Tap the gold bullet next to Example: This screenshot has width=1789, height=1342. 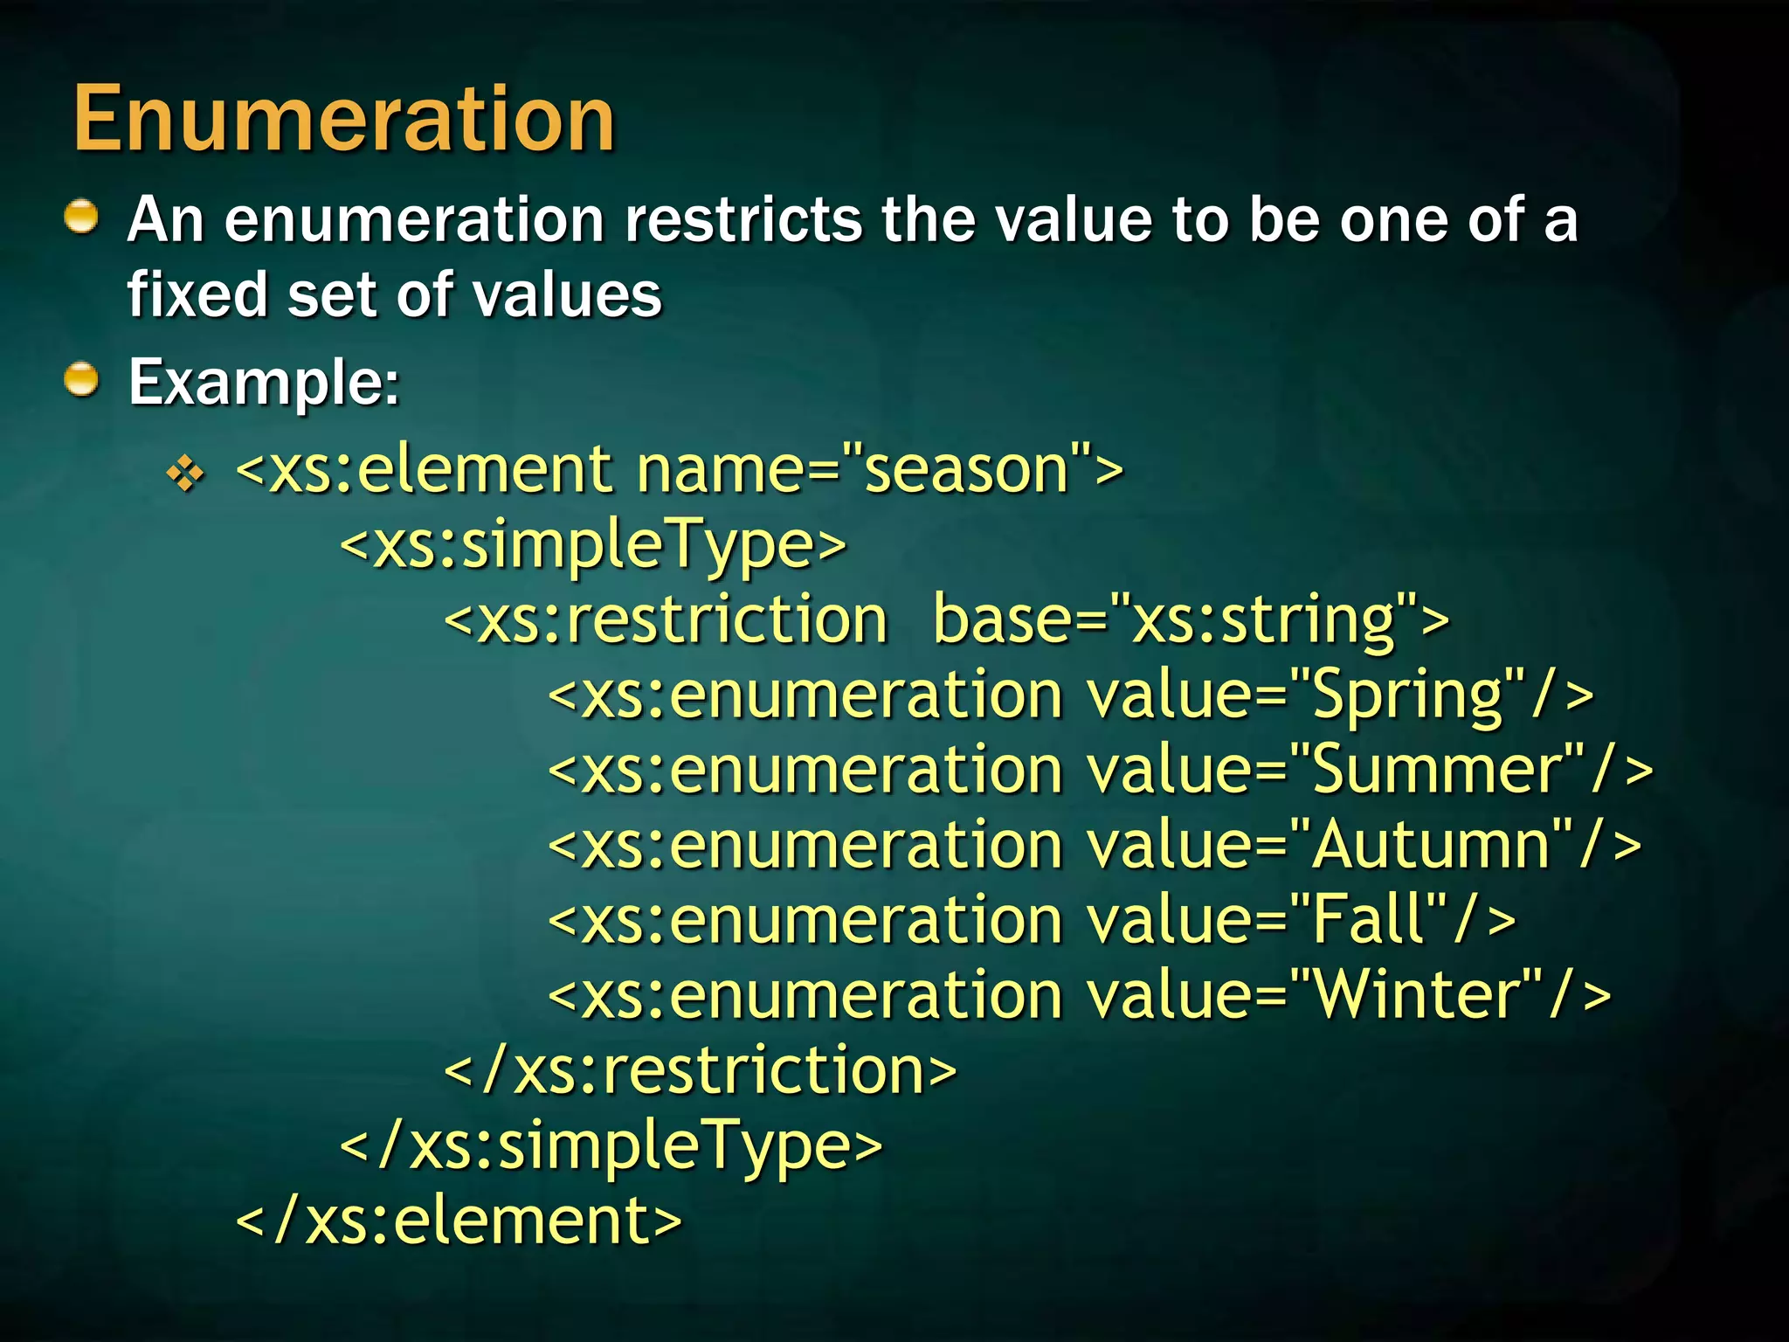tap(82, 380)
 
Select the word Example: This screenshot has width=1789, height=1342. tap(264, 383)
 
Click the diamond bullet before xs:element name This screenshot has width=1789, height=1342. tap(185, 474)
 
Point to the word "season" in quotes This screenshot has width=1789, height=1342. tap(966, 470)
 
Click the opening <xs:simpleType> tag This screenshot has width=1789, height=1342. tap(593, 545)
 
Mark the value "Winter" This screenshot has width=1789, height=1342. tap(1415, 995)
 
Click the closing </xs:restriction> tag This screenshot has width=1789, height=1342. tap(700, 1070)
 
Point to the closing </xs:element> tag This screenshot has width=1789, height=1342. tap(459, 1221)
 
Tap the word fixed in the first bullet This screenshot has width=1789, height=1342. tap(197, 294)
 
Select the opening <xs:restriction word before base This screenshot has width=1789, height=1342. tap(667, 619)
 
